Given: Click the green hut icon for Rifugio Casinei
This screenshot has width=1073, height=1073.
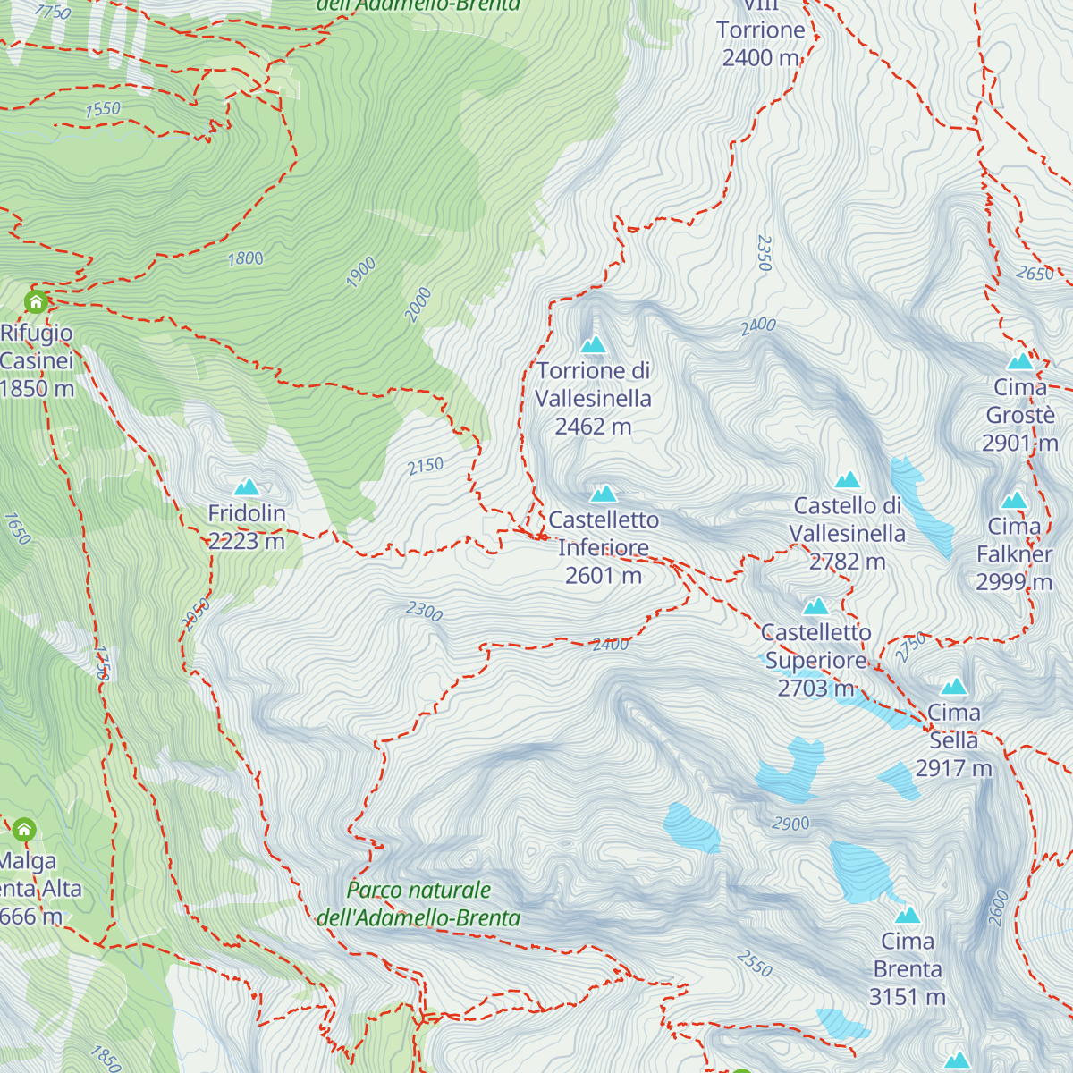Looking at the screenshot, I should tap(36, 301).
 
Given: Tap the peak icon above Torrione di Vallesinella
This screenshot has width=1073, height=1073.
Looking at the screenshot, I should tap(593, 344).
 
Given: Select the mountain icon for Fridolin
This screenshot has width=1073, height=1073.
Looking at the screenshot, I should tap(247, 486).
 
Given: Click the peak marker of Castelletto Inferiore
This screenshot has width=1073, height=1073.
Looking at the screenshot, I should tap(604, 494).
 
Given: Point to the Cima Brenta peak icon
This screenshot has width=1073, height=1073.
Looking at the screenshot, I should tap(908, 915).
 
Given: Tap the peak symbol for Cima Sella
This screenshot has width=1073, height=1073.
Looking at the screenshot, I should tap(954, 687).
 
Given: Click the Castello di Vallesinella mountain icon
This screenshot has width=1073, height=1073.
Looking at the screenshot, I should tap(847, 480).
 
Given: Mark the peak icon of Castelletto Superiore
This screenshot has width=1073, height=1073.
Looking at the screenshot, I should tap(815, 607).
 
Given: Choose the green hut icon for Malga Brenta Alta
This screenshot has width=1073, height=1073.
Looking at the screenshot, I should tap(24, 830).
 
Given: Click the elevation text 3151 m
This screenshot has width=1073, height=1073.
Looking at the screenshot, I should tap(907, 997).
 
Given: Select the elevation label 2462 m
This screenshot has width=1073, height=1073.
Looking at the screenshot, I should tap(593, 427).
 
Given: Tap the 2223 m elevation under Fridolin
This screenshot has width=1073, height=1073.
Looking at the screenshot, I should tap(247, 541).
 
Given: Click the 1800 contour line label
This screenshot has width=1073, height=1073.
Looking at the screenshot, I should tap(246, 259).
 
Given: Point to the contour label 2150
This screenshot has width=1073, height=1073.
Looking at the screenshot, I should tap(426, 466).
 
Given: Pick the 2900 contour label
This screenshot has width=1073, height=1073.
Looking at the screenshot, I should tap(790, 824).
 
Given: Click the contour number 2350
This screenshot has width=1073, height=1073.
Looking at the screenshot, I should tap(764, 253).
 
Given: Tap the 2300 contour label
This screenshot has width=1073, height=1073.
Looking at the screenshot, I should tap(424, 612).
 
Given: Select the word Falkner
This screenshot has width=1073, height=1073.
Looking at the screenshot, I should tap(1014, 554).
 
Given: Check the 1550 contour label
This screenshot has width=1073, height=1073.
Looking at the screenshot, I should tap(103, 109).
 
